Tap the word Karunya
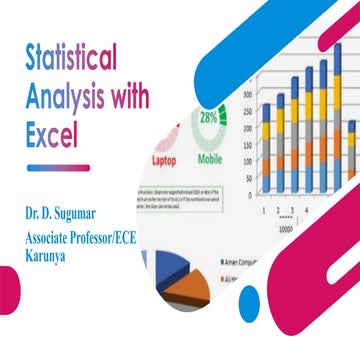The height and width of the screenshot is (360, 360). click(x=51, y=256)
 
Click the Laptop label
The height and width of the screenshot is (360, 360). click(x=167, y=159)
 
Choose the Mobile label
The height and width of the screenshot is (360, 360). click(x=211, y=159)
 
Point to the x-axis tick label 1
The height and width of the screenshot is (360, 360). click(x=262, y=212)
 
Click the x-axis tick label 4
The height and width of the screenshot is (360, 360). click(x=305, y=212)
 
